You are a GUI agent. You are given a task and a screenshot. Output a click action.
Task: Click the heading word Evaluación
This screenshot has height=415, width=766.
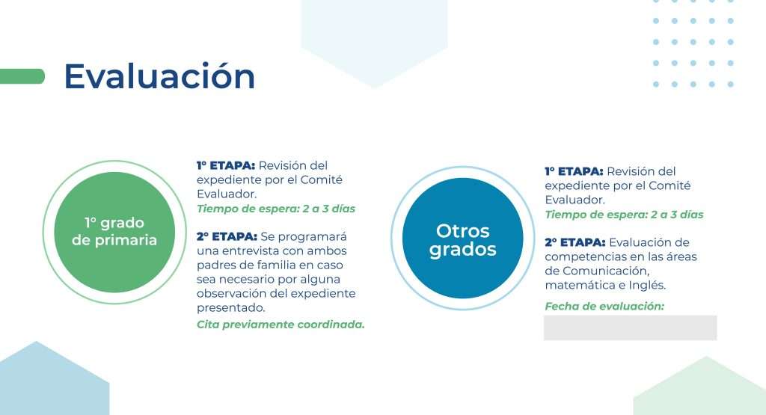point(160,76)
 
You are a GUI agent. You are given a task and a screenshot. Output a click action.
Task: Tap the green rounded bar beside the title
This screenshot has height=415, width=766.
point(22,76)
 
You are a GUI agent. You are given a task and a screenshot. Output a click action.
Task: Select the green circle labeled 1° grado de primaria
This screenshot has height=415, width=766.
point(114,232)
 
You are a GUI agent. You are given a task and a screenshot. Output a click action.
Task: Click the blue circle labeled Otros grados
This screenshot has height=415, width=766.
point(462,239)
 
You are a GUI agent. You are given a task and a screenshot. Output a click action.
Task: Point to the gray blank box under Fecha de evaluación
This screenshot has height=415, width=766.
point(630,328)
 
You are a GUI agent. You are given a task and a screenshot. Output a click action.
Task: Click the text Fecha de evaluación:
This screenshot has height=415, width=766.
point(604,306)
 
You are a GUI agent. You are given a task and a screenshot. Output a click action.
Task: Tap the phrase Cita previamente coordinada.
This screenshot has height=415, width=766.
point(281,325)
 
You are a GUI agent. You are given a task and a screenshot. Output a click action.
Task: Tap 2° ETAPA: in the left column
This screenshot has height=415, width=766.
point(227,237)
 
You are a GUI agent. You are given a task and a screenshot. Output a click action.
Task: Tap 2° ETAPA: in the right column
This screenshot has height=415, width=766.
point(575,243)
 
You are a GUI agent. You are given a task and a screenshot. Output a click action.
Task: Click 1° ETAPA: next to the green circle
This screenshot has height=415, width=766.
point(226,165)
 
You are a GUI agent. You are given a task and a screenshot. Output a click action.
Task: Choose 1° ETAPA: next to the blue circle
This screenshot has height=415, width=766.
point(574,171)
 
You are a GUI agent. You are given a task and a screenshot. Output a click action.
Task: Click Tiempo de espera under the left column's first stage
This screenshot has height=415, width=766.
point(247,209)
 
